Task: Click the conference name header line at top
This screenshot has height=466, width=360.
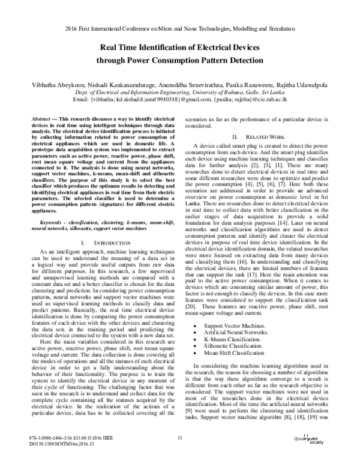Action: coord(180,28)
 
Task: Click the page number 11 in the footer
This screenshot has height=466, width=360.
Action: coord(180,441)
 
